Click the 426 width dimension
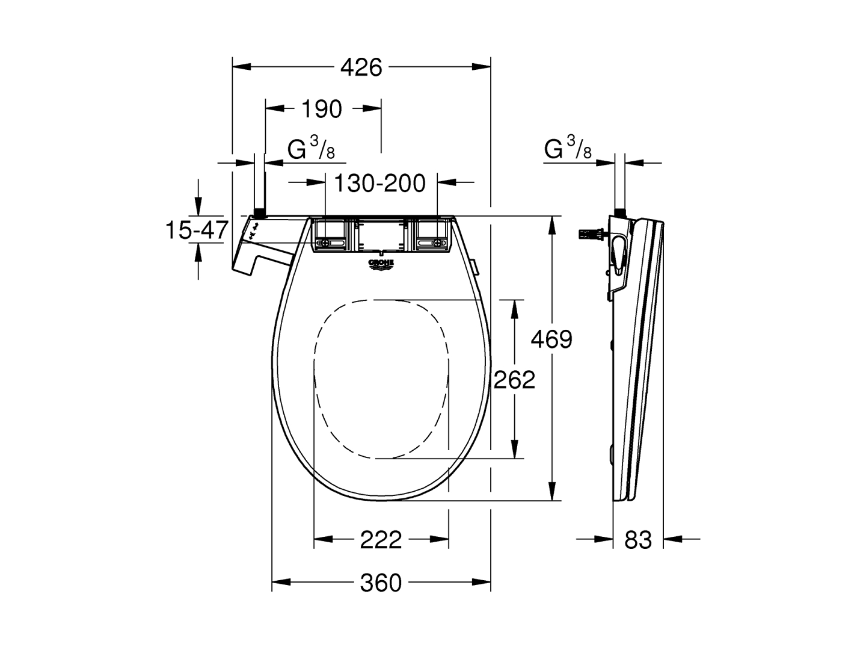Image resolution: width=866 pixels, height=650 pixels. pyautogui.click(x=361, y=67)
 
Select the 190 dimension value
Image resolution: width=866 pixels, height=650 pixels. pyautogui.click(x=321, y=109)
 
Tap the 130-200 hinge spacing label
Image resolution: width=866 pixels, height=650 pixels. pyautogui.click(x=379, y=183)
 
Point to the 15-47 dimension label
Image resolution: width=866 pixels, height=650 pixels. pyautogui.click(x=197, y=230)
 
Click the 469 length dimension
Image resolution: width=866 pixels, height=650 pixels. pyautogui.click(x=551, y=340)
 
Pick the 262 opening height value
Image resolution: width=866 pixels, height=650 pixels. pyautogui.click(x=514, y=380)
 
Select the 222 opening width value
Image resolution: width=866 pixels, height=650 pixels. pyautogui.click(x=381, y=540)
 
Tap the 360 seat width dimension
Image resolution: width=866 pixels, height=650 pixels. pyautogui.click(x=381, y=582)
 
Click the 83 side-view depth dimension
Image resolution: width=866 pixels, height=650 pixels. pyautogui.click(x=638, y=540)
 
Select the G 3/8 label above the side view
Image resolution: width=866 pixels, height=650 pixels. pyautogui.click(x=568, y=149)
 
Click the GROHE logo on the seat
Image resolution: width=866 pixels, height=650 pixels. pyautogui.click(x=381, y=265)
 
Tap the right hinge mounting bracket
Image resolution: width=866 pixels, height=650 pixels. pyautogui.click(x=433, y=235)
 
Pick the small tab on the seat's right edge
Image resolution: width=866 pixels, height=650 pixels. pyautogui.click(x=474, y=265)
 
